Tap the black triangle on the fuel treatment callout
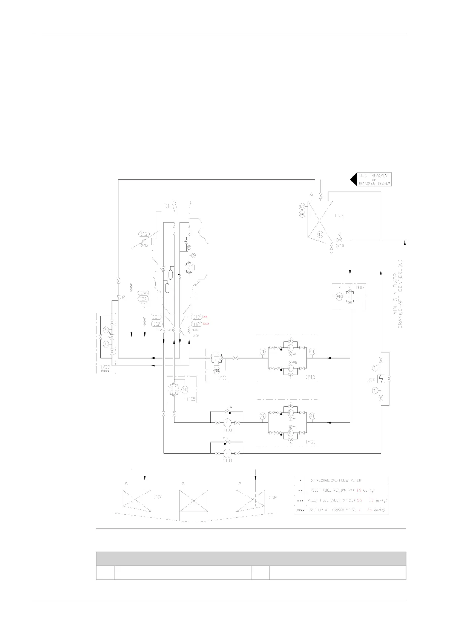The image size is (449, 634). pyautogui.click(x=353, y=179)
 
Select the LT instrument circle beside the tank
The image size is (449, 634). pyautogui.click(x=302, y=206)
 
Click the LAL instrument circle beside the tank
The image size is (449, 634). pyautogui.click(x=302, y=214)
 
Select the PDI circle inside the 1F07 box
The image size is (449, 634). pyautogui.click(x=339, y=296)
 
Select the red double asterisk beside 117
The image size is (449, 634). pyautogui.click(x=205, y=317)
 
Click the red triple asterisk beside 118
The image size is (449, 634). pyautogui.click(x=206, y=324)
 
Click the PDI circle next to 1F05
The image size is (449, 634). pyautogui.click(x=185, y=389)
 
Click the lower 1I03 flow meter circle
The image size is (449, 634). pyautogui.click(x=227, y=453)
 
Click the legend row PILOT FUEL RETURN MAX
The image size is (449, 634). pyautogui.click(x=341, y=490)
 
